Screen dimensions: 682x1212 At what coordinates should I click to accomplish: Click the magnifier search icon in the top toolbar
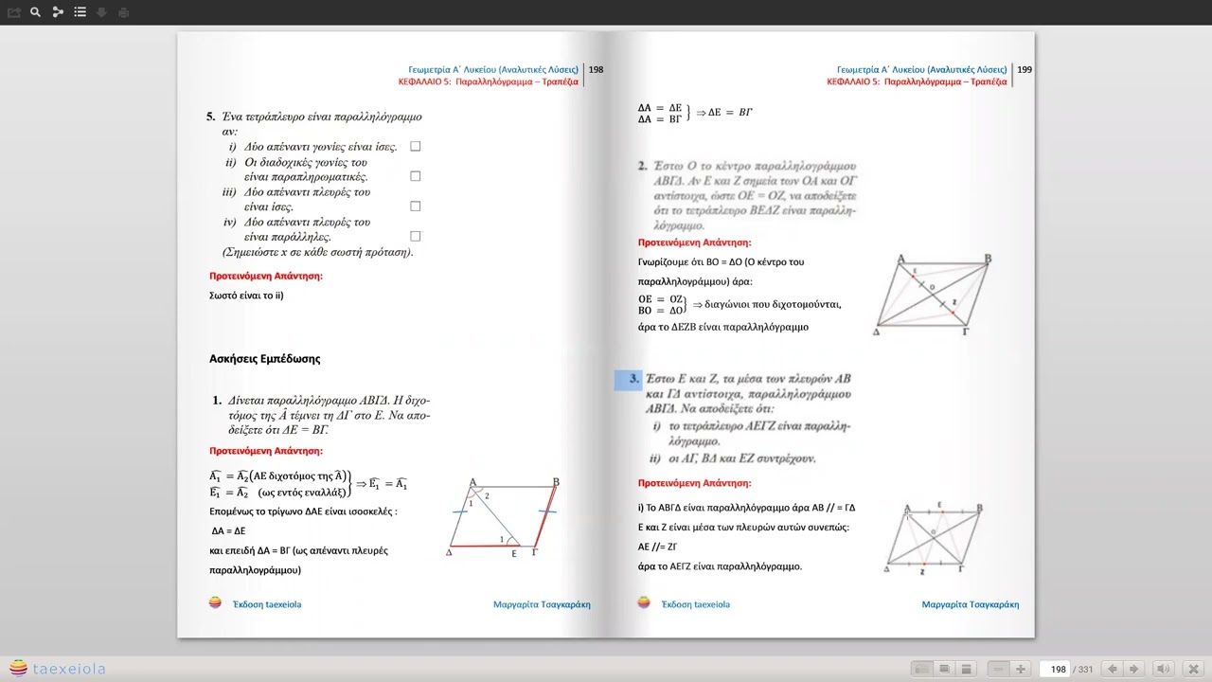[x=35, y=12]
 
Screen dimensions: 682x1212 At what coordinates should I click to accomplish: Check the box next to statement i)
[x=415, y=147]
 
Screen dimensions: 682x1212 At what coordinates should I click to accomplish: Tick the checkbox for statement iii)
[x=415, y=206]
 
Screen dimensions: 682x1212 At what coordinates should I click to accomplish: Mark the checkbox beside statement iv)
[x=415, y=237]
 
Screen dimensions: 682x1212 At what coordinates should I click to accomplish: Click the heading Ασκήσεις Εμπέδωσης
[x=264, y=359]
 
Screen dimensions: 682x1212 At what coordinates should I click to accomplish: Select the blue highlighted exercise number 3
[x=629, y=380]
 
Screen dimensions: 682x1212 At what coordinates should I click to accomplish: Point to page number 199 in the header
[x=1025, y=69]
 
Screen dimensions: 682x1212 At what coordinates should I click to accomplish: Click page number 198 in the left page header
[x=596, y=69]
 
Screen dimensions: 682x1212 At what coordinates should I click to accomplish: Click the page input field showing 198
[x=1058, y=669]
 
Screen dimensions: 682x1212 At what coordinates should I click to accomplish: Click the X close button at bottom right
[x=1193, y=669]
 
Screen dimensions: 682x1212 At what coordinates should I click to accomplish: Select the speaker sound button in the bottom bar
[x=1164, y=669]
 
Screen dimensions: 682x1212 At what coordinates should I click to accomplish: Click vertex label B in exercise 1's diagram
[x=556, y=482]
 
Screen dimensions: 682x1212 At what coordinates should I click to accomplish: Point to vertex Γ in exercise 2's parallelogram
[x=965, y=332]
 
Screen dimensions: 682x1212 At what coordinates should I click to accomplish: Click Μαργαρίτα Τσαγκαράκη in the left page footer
[x=542, y=604]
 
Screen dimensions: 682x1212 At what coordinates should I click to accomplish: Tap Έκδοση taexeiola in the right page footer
[x=695, y=604]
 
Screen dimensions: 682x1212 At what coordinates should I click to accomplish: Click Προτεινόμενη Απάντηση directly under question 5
[x=265, y=277]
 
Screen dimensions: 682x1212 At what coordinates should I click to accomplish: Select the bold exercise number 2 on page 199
[x=642, y=166]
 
